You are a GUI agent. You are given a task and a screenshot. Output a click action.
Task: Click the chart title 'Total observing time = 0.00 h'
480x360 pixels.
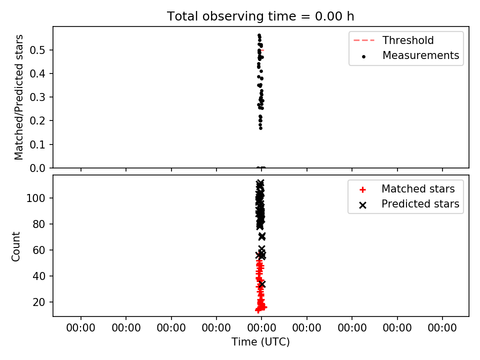point(260,16)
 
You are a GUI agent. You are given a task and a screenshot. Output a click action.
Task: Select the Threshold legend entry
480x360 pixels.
point(393,40)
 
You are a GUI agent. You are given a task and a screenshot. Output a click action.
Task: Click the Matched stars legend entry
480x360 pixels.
point(407,189)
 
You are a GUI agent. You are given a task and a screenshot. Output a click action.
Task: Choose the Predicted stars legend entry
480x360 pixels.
point(409,204)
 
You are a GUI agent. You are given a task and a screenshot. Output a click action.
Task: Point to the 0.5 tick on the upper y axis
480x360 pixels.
point(37,50)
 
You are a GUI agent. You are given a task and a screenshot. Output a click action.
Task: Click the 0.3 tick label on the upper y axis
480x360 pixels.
point(37,97)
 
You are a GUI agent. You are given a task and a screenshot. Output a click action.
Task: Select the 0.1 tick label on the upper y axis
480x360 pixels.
point(37,144)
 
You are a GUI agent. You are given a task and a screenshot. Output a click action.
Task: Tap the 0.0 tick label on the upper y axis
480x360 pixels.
point(37,168)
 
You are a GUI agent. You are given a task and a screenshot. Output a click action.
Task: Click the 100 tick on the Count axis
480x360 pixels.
point(35,198)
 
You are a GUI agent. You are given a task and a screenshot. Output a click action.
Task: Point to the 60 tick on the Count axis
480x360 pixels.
point(39,250)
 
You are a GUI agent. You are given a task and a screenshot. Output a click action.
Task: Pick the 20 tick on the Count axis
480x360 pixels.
point(39,302)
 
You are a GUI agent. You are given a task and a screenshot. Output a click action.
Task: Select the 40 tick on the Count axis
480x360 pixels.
point(39,276)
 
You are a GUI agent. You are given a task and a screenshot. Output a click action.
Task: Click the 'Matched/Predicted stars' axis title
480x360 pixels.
point(18,97)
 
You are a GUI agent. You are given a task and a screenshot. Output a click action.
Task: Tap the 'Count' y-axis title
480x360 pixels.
point(15,246)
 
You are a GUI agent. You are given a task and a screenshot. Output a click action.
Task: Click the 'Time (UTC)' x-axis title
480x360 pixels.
point(260,341)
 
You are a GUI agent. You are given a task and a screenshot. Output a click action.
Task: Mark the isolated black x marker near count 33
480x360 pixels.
point(261,284)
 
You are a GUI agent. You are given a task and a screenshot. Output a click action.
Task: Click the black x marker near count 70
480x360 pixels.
point(261,236)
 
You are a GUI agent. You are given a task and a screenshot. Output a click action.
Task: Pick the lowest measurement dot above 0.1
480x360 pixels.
point(261,128)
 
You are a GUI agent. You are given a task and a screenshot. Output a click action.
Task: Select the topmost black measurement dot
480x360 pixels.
point(259,35)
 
